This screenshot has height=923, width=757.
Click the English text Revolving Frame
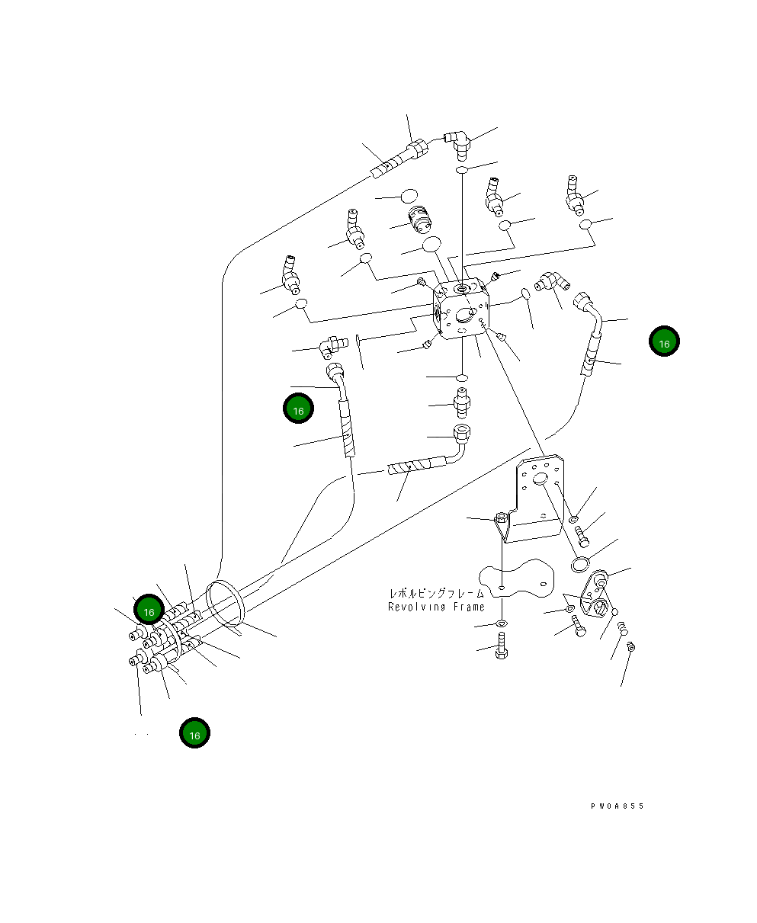(x=436, y=607)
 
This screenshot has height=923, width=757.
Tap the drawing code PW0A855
(x=617, y=806)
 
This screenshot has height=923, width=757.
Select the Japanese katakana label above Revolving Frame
(x=437, y=594)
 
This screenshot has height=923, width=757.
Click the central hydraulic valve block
(x=460, y=308)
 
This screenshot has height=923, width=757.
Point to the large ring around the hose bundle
(x=225, y=604)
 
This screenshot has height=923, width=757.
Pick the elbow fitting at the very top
(x=458, y=145)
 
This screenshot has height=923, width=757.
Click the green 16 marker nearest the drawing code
(x=664, y=341)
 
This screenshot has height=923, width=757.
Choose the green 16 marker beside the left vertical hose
(x=298, y=408)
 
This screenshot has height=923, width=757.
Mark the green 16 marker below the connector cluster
(x=195, y=732)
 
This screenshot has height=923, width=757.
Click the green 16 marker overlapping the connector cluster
(x=149, y=609)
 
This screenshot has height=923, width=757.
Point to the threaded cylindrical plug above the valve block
(x=420, y=218)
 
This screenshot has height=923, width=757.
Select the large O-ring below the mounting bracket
(x=580, y=564)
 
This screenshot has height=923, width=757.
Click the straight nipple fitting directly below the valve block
(x=462, y=402)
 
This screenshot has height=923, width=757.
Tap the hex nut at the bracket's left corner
(x=502, y=518)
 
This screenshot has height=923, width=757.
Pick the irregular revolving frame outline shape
(x=517, y=577)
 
